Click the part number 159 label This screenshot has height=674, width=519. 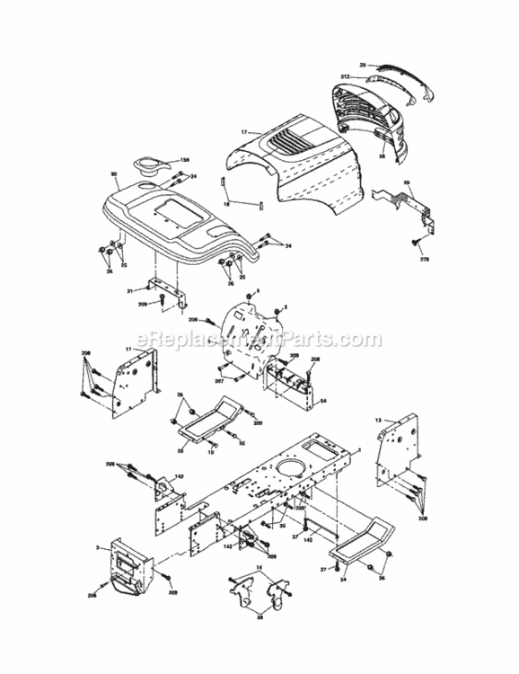(185, 160)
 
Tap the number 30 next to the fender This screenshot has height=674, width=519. (114, 174)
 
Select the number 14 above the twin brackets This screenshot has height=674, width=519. (260, 570)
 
